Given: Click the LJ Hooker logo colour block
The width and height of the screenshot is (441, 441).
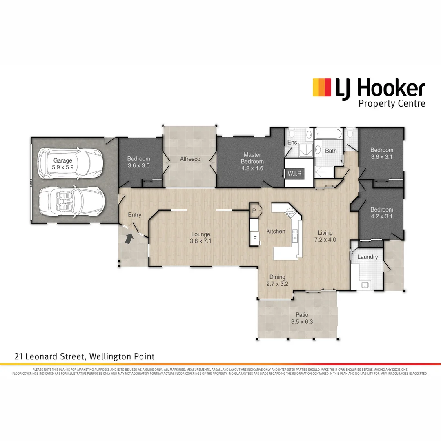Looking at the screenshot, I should [x=322, y=87].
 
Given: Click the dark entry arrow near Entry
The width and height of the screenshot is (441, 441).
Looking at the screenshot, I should [x=129, y=238].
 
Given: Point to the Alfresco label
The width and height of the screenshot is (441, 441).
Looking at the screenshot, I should [x=190, y=159].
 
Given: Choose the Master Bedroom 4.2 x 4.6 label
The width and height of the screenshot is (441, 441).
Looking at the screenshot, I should [x=252, y=158].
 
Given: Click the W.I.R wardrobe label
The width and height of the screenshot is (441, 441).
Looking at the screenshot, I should [x=294, y=174].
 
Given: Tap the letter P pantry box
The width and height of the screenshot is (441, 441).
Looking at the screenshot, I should [x=254, y=211].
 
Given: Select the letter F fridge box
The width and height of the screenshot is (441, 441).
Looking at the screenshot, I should [x=255, y=238].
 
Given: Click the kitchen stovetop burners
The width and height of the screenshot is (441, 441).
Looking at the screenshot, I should [x=291, y=212].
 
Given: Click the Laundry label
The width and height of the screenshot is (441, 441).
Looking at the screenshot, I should [x=367, y=257].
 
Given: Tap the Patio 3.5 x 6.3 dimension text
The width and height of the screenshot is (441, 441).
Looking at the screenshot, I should [x=302, y=322].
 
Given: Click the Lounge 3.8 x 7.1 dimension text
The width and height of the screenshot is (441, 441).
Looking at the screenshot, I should [x=200, y=241].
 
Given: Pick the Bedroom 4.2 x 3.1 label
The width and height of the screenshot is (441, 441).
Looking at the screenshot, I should [x=381, y=213].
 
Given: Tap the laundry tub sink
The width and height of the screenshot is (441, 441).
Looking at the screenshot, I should [x=365, y=285].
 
